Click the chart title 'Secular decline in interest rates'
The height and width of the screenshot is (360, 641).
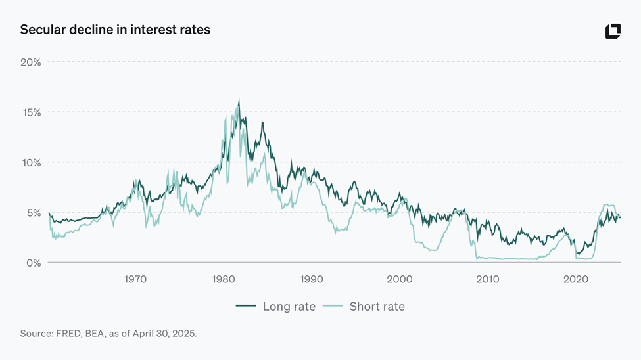[115, 30]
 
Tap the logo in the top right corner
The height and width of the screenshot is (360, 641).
[613, 31]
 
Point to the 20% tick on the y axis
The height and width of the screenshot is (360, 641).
[30, 62]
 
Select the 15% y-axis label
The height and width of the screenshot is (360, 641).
[30, 112]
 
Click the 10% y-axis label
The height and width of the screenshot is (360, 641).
[30, 163]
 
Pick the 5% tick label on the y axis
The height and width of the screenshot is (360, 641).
[33, 213]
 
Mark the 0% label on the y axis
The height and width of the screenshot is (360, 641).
[33, 263]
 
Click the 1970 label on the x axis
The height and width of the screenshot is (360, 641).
[135, 279]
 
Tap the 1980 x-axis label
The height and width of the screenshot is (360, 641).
[224, 279]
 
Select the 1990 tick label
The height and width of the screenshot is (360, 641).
[312, 279]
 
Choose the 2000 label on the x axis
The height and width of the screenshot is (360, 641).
[400, 279]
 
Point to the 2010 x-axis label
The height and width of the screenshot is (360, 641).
[488, 279]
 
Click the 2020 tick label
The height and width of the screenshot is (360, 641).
[576, 279]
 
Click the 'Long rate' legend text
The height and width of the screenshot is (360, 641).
[289, 307]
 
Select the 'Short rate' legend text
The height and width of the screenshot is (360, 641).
[377, 307]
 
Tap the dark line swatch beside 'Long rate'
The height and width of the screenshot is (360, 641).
[246, 307]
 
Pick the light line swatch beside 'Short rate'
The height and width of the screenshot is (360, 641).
[333, 307]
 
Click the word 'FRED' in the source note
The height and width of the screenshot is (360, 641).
[70, 334]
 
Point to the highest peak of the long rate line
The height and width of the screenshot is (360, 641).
[239, 100]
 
